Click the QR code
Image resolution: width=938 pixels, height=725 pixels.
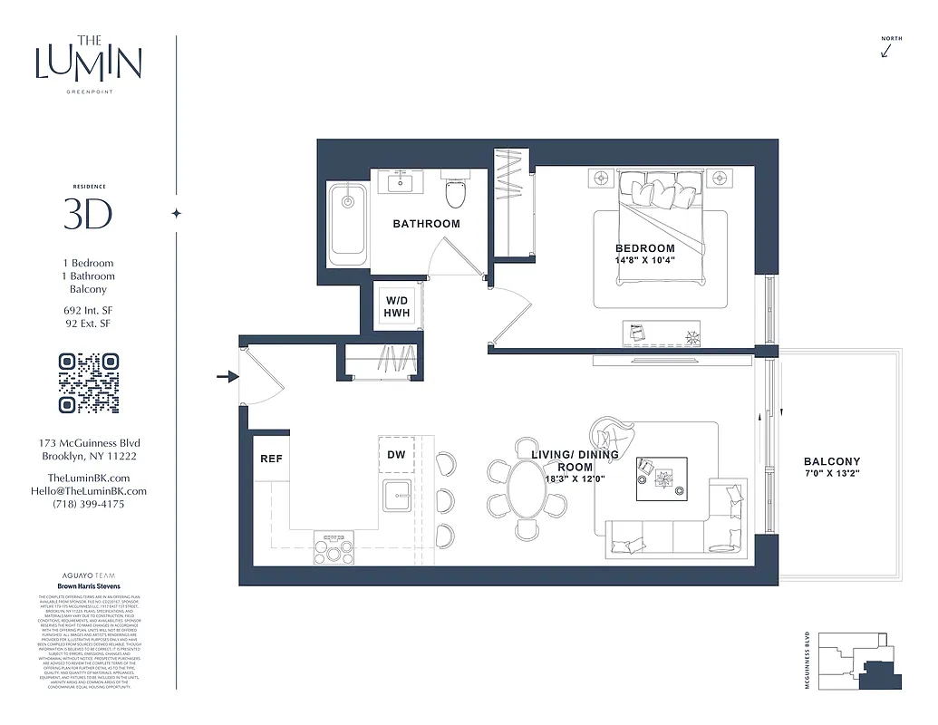89,383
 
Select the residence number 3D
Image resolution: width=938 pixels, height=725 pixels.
88,215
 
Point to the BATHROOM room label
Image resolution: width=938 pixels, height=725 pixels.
426,224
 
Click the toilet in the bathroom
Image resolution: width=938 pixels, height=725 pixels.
456,192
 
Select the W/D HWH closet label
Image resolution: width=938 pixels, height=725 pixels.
397,306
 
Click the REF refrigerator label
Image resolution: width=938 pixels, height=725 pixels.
271,459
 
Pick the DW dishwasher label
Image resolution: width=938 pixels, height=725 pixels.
396,456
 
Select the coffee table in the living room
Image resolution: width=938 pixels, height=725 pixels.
662,478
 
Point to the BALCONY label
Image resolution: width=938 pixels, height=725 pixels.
832,462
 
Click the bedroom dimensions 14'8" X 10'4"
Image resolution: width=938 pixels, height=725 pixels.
645,260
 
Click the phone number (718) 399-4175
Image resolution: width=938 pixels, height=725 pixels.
88,504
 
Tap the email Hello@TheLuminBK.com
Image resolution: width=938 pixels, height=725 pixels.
88,491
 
